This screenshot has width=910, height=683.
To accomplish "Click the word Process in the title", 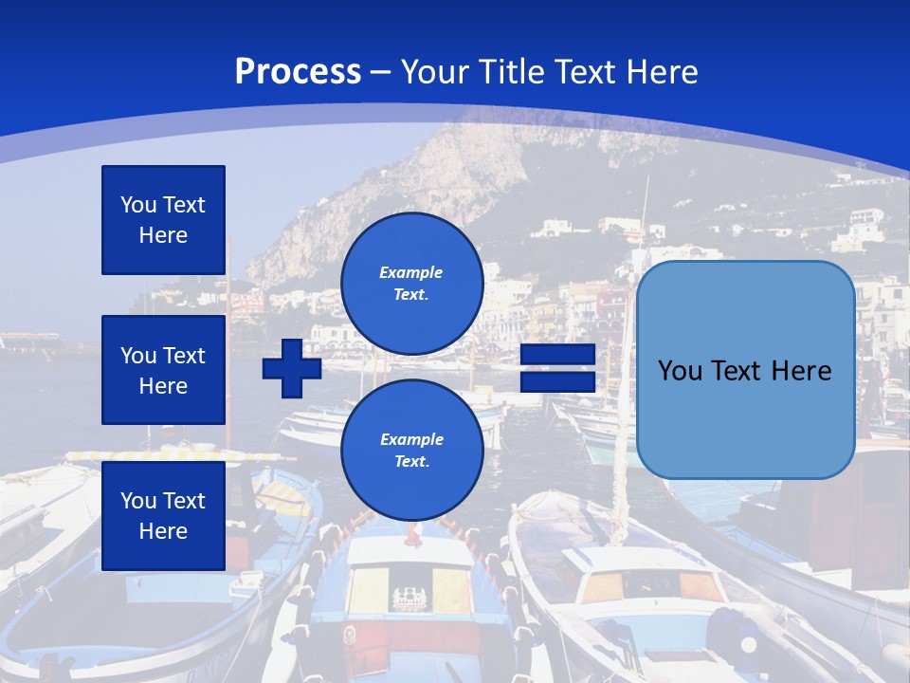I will tap(298, 72).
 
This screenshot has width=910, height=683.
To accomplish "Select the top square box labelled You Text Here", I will tap(163, 220).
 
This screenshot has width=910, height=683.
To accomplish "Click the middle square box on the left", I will tap(163, 370).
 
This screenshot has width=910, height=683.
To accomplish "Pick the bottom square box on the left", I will tap(163, 516).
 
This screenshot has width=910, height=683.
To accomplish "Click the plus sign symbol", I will tap(292, 368).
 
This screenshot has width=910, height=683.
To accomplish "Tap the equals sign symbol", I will tap(557, 368).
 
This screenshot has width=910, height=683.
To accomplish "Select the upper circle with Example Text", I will tap(411, 284).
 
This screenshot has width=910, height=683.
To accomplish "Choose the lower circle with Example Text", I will tap(411, 450).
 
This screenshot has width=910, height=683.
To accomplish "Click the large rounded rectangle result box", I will tap(745, 370).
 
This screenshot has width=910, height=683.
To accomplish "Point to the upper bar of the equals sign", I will tap(557, 355).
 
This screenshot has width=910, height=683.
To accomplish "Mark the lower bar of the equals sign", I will tap(557, 381).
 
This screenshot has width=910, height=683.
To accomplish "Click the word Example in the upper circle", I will tap(411, 272).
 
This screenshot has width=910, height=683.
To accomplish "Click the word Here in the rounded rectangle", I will tap(801, 371).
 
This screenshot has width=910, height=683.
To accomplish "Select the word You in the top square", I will tap(138, 205).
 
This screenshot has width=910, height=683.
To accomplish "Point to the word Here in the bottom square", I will tap(163, 531).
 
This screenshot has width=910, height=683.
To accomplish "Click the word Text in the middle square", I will tap(183, 356).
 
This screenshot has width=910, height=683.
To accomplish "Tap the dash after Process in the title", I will tap(381, 72).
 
